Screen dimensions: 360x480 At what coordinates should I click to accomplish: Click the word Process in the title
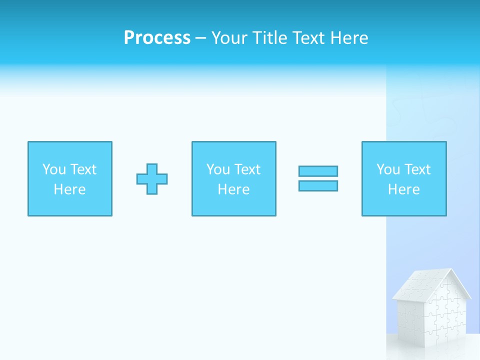click(157, 38)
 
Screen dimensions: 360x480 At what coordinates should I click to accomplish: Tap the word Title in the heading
click(269, 38)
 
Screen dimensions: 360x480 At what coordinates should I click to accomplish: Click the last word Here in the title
click(350, 38)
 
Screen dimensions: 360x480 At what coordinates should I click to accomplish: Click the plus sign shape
click(152, 179)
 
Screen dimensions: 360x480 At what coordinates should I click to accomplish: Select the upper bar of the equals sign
click(318, 171)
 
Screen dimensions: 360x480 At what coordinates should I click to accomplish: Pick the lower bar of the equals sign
click(318, 185)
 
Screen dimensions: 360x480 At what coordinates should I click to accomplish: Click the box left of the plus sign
click(70, 178)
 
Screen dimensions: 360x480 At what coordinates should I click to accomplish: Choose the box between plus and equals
click(234, 178)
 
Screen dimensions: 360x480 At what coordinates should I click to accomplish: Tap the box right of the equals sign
click(404, 178)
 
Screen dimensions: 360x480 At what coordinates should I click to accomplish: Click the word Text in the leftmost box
click(83, 169)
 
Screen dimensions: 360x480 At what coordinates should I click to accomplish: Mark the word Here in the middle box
click(234, 189)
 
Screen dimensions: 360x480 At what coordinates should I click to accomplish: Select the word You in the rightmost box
click(388, 169)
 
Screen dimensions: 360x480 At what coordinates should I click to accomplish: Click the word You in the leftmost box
click(54, 169)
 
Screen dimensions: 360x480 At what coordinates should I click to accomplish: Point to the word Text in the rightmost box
click(417, 169)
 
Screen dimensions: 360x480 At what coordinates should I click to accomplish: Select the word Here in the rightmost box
click(404, 189)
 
